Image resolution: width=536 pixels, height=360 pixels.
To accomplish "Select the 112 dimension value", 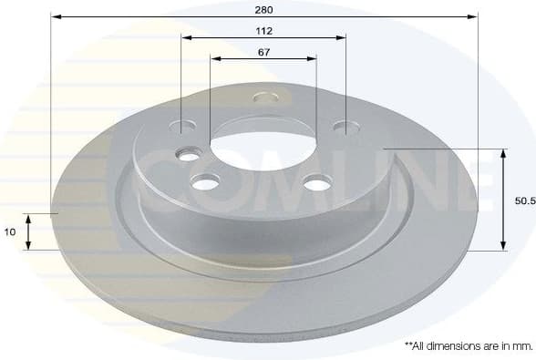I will click(x=264, y=29).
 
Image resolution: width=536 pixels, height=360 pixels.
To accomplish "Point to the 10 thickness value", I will click(x=9, y=232).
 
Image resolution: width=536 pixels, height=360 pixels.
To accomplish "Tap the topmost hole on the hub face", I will click(x=264, y=97).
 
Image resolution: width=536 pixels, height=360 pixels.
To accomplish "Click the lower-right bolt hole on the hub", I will click(x=316, y=184).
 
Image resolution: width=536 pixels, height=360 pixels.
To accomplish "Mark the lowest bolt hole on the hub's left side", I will click(x=206, y=183).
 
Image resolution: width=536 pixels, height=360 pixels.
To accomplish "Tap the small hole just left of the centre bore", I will click(x=189, y=156).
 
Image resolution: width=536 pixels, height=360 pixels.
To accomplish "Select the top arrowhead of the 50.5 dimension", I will click(x=503, y=152).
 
